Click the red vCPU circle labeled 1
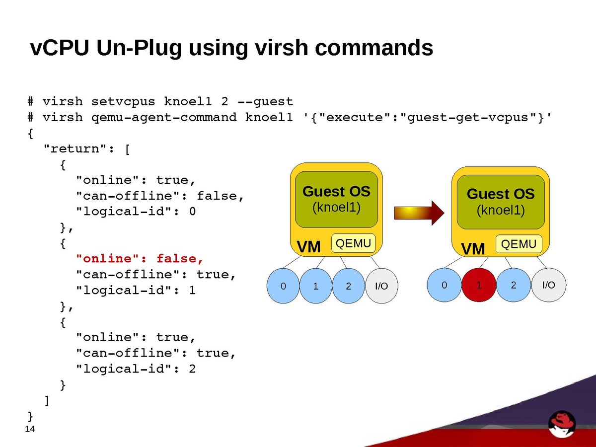479,286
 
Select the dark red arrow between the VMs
419,213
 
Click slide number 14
30,429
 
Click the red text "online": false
140,259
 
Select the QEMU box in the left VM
354,243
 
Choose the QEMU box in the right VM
519,244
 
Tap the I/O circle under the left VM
382,286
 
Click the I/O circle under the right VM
548,285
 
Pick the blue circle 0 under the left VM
284,286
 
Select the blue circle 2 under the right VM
514,285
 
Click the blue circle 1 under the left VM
316,286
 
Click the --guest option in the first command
265,102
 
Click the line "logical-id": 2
136,369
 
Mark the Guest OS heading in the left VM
336,191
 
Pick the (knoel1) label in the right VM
501,210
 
